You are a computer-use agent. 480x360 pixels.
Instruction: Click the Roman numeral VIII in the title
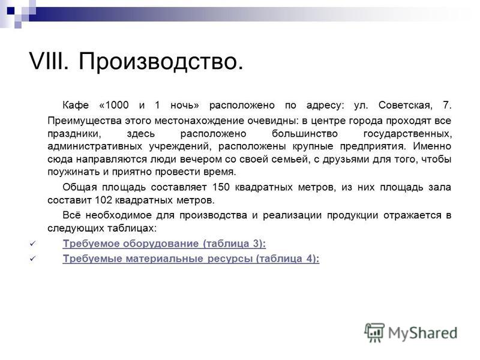49,61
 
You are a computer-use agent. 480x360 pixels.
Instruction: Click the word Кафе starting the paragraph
76,105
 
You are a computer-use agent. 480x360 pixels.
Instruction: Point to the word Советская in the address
406,105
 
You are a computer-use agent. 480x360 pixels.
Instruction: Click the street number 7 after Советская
446,105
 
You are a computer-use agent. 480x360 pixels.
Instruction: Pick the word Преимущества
85,121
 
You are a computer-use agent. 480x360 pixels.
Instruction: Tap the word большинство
305,134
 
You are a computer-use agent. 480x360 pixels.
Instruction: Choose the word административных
95,146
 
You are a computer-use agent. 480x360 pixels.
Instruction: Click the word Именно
432,146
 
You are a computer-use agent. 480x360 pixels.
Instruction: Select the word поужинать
73,172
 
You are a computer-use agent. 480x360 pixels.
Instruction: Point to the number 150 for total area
221,187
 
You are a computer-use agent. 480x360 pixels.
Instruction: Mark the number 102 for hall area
103,200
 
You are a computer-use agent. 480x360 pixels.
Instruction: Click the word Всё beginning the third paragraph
71,215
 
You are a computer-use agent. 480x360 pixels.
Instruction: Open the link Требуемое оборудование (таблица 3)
164,244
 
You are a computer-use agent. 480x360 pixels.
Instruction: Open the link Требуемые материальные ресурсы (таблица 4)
191,259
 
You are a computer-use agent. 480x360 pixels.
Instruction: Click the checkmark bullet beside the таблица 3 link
33,244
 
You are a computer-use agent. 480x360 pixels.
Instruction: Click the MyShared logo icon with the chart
374,332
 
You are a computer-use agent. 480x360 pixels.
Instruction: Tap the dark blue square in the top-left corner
11,11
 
